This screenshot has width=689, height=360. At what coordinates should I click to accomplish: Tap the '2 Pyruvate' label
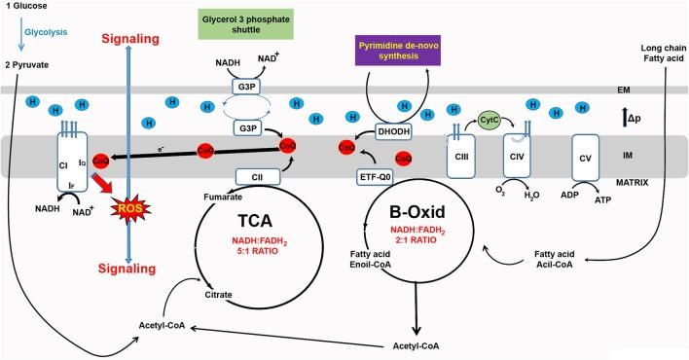27,64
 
